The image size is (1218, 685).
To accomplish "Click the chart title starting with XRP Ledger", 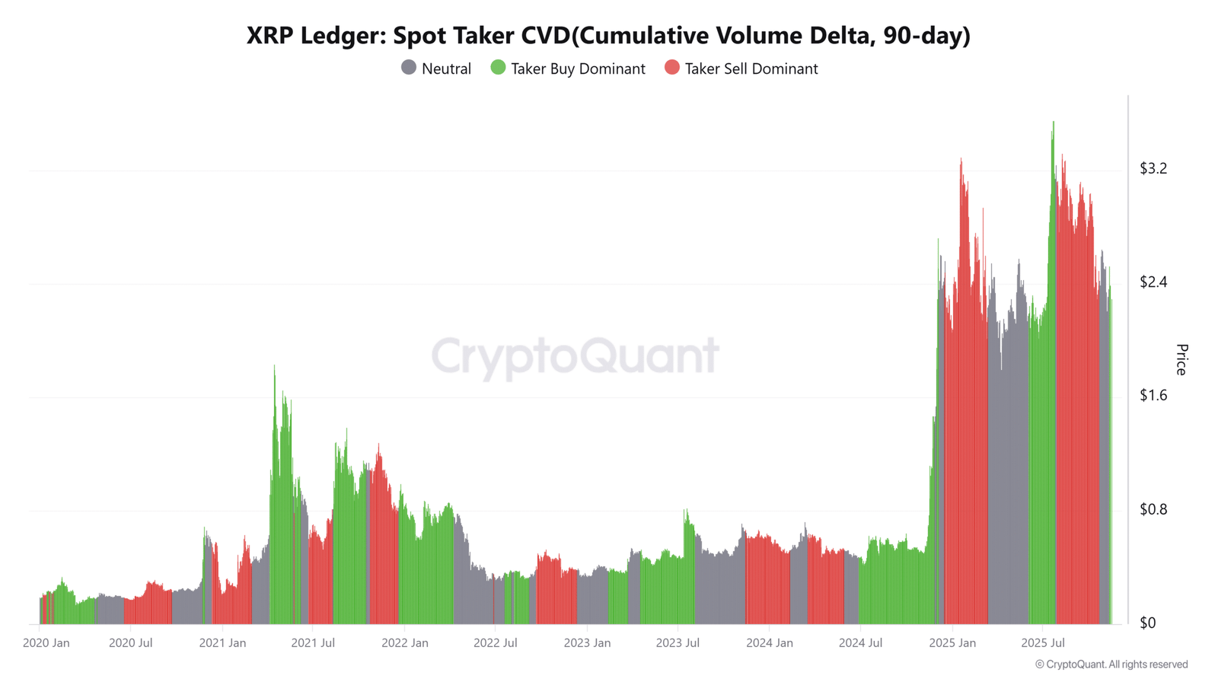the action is [608, 36].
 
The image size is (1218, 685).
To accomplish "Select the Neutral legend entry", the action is [436, 68].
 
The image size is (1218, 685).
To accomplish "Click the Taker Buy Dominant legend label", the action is [578, 69].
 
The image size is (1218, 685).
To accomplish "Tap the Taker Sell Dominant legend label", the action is [751, 69].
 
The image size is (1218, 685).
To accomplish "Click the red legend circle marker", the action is [672, 68].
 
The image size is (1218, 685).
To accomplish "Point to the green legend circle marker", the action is [498, 68].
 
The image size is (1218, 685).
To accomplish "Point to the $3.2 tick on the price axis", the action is [1153, 168].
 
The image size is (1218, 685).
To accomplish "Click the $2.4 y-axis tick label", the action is [1153, 282].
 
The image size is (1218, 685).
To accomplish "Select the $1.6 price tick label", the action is [1153, 395].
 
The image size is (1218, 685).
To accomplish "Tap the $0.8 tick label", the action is [1153, 509].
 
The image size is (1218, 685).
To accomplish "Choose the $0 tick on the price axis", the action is [1148, 623].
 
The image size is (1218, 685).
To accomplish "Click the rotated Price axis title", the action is [1181, 360].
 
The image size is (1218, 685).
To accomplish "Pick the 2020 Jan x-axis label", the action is [46, 643].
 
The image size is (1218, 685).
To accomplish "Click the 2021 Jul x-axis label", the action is [313, 643].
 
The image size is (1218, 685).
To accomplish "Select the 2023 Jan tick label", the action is [587, 643].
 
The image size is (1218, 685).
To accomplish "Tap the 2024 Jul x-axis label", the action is [860, 643].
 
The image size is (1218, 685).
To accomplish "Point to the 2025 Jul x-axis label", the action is [1043, 643].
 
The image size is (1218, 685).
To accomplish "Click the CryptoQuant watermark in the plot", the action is [576, 357].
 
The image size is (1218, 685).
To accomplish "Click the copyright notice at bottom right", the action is [1111, 664].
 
